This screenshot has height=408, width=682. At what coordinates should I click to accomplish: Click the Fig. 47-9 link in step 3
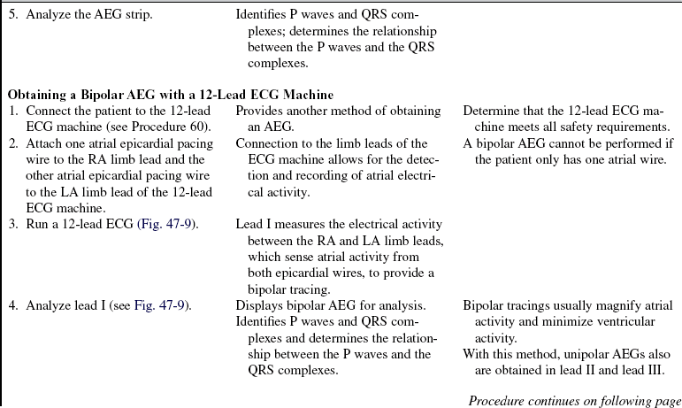pos(168,223)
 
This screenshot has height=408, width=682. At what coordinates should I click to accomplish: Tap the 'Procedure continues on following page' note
pos(575,400)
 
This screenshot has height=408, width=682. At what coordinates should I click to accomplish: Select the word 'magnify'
pos(626,305)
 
